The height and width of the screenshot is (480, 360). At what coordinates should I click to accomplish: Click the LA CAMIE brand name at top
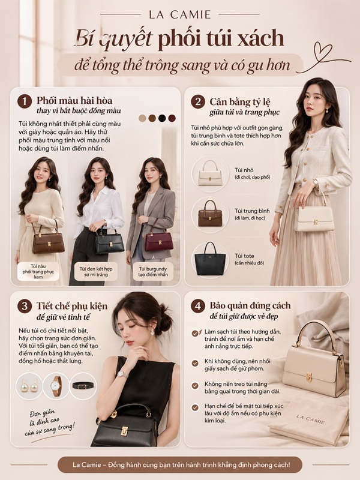[180, 14]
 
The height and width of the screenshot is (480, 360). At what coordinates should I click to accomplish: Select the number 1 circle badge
[25, 101]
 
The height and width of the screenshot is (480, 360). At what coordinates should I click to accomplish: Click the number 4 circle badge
[198, 306]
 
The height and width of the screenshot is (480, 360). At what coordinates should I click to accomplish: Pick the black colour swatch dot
[162, 118]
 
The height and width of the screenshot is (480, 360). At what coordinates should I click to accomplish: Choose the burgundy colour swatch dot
[172, 118]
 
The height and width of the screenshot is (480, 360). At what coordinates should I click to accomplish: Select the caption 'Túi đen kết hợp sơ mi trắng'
[96, 272]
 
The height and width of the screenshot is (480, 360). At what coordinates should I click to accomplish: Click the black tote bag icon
[210, 259]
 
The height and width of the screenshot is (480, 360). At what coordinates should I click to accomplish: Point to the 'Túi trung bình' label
[252, 211]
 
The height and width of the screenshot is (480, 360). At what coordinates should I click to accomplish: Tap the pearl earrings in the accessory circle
[29, 386]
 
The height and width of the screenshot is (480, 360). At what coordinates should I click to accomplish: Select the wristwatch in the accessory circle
[56, 386]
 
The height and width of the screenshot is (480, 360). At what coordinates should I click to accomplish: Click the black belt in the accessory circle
[83, 386]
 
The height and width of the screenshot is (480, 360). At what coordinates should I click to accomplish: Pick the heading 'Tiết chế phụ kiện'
[72, 306]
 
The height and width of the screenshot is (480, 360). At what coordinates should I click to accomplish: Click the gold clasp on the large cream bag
[308, 377]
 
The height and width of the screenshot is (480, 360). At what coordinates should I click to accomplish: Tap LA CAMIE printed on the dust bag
[310, 419]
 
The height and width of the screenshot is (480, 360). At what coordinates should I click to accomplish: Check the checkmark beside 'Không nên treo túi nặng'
[195, 386]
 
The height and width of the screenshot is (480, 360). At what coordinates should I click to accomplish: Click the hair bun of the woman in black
[166, 322]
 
